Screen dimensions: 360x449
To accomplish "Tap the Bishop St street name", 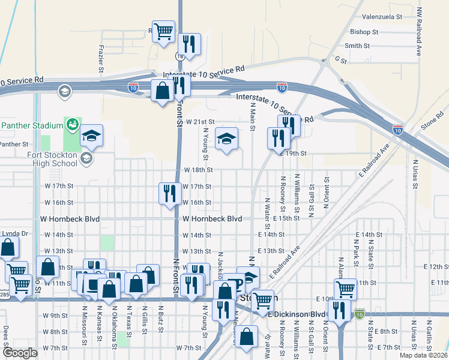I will (364, 32).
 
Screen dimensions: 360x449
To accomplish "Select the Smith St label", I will (357, 46).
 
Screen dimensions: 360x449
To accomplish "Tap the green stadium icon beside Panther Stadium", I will (72, 125).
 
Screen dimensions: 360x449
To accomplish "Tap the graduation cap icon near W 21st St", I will (226, 140).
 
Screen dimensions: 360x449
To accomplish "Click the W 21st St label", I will (198, 121).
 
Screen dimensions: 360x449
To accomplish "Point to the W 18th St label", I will (198, 170).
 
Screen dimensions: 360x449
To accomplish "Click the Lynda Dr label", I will (14, 233).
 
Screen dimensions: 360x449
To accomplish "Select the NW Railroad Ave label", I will (419, 33).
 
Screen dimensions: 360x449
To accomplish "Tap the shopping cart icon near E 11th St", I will (345, 289).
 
